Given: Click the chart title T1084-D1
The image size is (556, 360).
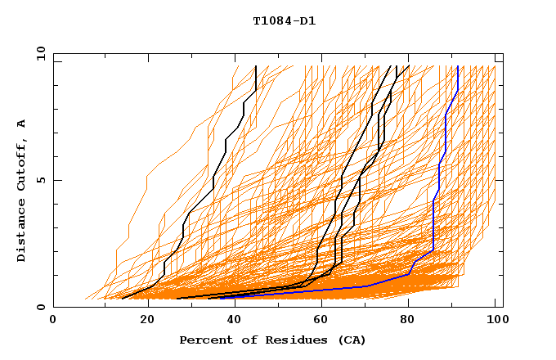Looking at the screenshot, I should (284, 21).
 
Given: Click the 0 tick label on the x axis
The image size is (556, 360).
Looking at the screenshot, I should (54, 321).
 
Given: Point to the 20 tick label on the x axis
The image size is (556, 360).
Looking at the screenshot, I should (142, 321).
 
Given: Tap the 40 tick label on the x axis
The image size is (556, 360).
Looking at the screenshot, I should (231, 321).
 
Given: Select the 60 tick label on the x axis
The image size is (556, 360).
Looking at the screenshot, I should (319, 321).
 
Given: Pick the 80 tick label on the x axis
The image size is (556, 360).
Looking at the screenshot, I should (407, 321).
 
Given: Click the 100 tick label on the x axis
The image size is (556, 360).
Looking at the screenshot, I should (495, 321).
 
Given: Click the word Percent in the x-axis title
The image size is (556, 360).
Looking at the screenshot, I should (203, 340).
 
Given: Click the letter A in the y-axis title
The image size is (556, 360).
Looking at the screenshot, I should (21, 123).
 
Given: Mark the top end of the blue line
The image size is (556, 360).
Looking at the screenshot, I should (458, 67).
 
